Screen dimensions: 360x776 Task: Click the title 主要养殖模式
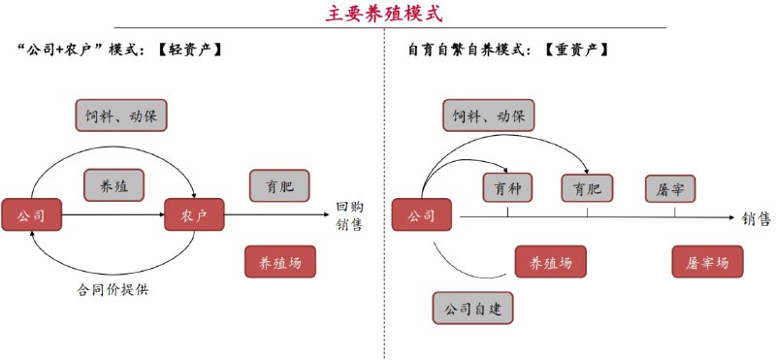click(x=387, y=14)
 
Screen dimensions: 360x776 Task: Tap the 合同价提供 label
click(x=113, y=287)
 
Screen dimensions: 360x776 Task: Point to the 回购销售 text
click(x=349, y=215)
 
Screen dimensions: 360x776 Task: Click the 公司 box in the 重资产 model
click(x=421, y=214)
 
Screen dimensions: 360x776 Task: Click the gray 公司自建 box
click(x=471, y=309)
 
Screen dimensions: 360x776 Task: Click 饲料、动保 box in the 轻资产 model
click(x=123, y=115)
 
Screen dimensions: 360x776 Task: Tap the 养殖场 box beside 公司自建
click(x=550, y=262)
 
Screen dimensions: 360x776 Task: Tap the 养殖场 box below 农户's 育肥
click(x=279, y=262)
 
